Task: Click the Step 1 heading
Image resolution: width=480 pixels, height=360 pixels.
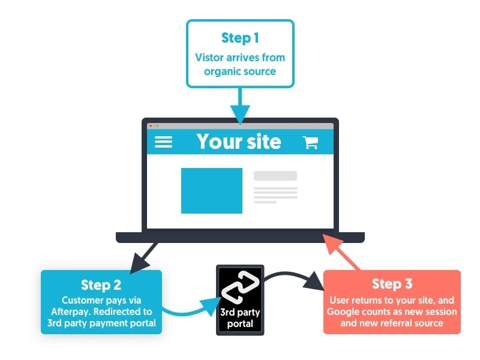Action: pos(240,38)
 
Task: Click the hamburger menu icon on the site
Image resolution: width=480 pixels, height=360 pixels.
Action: pos(163,142)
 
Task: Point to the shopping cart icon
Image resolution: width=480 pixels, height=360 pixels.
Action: pos(310,142)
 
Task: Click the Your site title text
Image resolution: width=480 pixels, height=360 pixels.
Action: pos(239,142)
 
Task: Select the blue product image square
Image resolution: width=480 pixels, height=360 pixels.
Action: pos(212,191)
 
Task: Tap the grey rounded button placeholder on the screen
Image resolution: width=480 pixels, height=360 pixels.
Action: pos(275,176)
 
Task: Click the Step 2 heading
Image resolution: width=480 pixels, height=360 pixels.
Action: pos(101,284)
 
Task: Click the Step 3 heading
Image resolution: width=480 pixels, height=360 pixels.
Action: pos(392,284)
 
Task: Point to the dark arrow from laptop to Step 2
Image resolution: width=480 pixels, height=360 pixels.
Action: pos(145,256)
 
